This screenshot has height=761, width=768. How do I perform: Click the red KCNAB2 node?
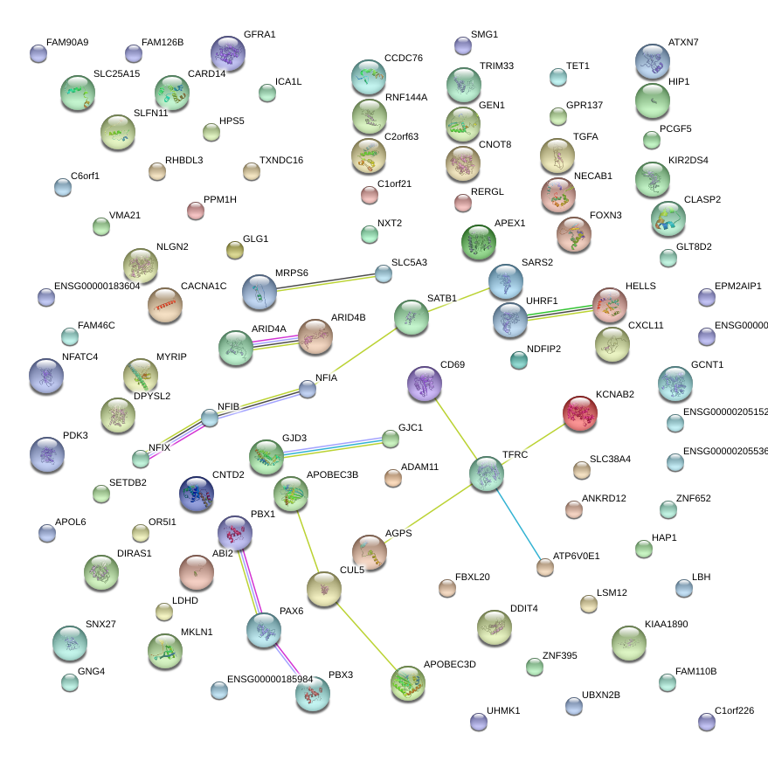click(579, 413)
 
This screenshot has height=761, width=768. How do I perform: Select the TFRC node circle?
click(486, 473)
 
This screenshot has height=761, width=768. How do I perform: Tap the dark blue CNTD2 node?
click(196, 495)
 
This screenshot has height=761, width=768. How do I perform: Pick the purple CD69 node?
click(425, 384)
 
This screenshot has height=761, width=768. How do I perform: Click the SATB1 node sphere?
click(411, 317)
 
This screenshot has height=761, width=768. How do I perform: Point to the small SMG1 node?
click(463, 45)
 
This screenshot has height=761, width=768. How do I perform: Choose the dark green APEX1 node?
click(478, 242)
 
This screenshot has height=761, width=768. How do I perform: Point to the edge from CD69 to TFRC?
click(455, 428)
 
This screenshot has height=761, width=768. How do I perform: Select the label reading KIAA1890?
click(667, 625)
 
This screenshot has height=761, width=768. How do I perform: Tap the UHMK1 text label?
click(503, 711)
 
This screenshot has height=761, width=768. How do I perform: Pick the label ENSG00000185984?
click(270, 679)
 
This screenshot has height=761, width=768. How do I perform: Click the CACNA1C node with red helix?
click(165, 305)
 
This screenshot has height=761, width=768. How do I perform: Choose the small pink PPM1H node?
click(196, 210)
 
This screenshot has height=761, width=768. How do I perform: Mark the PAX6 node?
click(264, 629)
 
